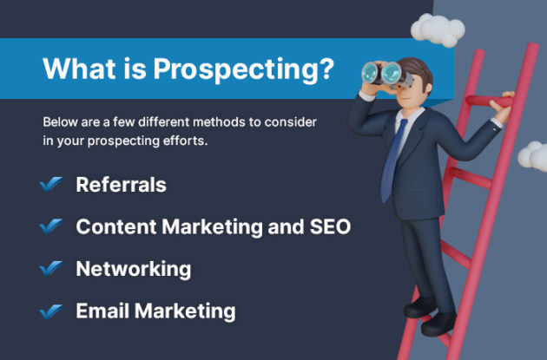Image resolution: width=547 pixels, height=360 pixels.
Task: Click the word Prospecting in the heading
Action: click(243, 69)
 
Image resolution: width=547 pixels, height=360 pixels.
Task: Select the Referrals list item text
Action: click(121, 185)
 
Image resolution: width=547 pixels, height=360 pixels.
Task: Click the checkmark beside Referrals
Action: click(51, 185)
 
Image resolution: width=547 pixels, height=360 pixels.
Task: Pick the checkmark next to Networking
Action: click(51, 269)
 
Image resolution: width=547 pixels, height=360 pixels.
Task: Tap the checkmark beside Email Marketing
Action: click(51, 311)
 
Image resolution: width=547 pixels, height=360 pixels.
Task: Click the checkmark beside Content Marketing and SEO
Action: click(51, 226)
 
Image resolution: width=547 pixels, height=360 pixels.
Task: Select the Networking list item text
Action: click(133, 269)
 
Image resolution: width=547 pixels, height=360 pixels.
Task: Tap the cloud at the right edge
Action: click(534, 156)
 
